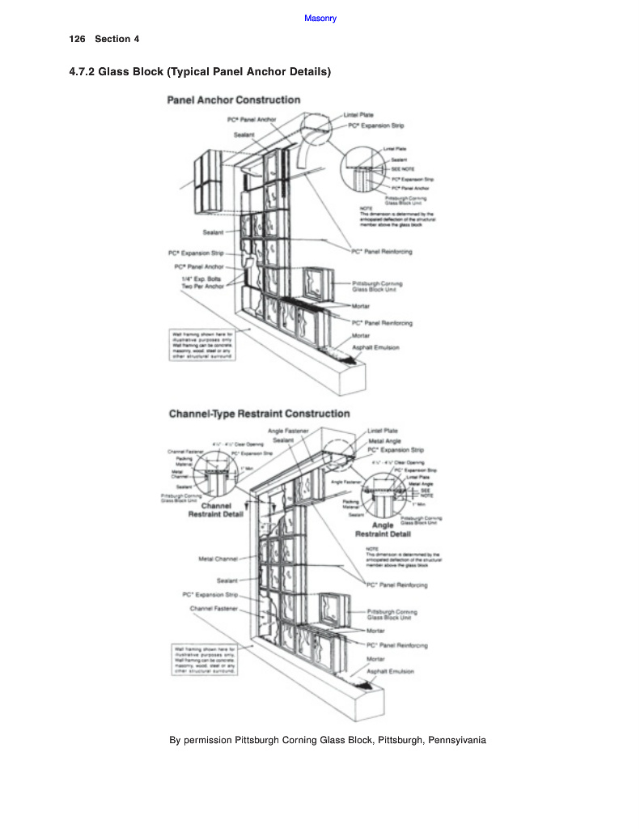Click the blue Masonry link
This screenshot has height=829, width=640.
tap(320, 19)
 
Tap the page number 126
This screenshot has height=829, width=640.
tap(78, 39)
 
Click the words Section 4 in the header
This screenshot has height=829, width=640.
tap(117, 39)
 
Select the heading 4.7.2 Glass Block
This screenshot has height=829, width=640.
tap(200, 72)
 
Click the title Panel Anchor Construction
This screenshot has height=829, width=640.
tap(233, 100)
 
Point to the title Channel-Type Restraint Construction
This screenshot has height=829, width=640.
tap(259, 414)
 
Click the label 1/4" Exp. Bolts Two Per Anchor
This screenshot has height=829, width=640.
tap(202, 282)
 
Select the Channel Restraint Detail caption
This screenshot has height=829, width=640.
tap(210, 511)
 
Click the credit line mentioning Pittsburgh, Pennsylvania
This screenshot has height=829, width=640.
tap(327, 740)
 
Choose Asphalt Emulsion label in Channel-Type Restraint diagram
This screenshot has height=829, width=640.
tap(390, 671)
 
